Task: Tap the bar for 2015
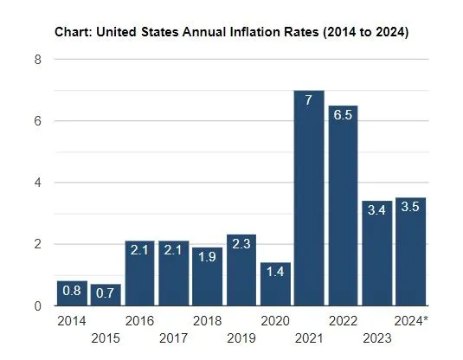pos(106,295)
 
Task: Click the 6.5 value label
pos(343,116)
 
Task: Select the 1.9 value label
pos(208,258)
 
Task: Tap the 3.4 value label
pos(376,211)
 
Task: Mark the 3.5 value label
pos(410,209)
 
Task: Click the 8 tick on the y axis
pos(37,60)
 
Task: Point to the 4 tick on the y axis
pos(37,183)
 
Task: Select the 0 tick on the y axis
pos(37,306)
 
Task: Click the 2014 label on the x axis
pos(72,321)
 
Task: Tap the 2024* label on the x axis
pos(411,321)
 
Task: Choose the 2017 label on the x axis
pos(173,337)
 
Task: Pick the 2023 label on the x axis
pos(376,337)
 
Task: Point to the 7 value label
pos(309,100)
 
